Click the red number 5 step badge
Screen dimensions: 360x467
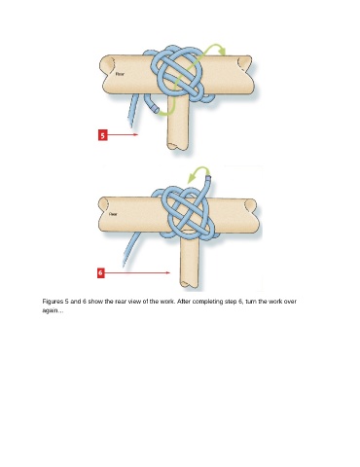pyautogui.click(x=103, y=135)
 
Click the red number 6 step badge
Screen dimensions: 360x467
pyautogui.click(x=101, y=272)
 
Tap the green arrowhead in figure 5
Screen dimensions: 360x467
pyautogui.click(x=222, y=51)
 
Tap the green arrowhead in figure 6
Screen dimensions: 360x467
pyautogui.click(x=192, y=178)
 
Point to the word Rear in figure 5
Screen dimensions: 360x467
pyautogui.click(x=120, y=74)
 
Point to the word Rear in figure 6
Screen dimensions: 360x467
pyautogui.click(x=113, y=214)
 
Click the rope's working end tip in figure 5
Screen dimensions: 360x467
pyautogui.click(x=157, y=110)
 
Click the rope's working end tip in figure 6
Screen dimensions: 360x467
pyautogui.click(x=208, y=178)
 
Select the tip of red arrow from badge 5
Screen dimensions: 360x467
pyautogui.click(x=138, y=134)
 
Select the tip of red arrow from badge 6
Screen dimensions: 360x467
pyautogui.click(x=169, y=272)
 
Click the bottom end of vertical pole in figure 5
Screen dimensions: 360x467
pyautogui.click(x=177, y=148)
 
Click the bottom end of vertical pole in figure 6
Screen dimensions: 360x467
pyautogui.click(x=189, y=285)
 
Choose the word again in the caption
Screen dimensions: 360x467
pyautogui.click(x=50, y=310)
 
